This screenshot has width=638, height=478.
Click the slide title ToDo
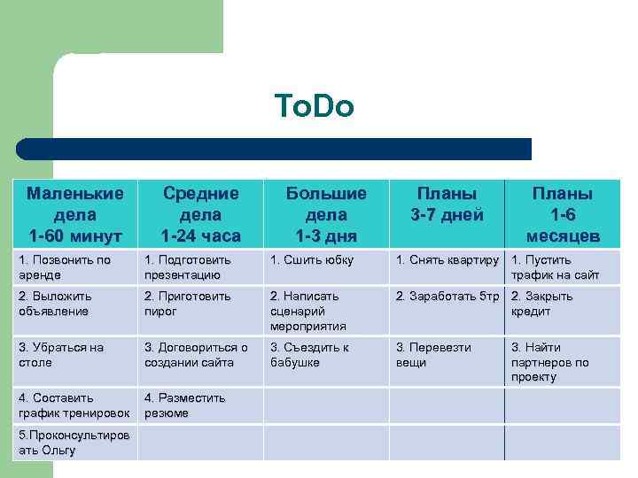[315, 107]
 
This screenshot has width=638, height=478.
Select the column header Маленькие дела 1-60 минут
[74, 214]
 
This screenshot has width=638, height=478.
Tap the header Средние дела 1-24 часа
[201, 214]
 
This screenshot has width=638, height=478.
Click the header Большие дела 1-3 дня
[325, 214]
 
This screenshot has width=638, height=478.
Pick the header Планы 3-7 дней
[447, 204]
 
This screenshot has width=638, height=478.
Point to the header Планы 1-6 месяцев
[563, 214]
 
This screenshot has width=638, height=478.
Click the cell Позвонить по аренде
[74, 267]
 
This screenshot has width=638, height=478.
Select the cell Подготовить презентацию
[201, 267]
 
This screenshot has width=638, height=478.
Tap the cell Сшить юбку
[325, 260]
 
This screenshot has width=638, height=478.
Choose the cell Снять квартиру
[447, 260]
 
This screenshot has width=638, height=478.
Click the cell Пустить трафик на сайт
[563, 267]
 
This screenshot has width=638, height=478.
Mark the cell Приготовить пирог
[201, 304]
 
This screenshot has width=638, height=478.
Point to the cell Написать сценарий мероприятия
[325, 311]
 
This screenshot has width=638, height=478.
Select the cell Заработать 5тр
[447, 297]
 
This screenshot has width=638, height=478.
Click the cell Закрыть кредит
[563, 304]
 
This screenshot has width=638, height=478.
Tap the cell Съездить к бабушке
[325, 354]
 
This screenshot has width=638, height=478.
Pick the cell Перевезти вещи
[447, 354]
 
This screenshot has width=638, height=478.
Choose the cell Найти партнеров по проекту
[563, 361]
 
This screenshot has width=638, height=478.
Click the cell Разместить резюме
[201, 405]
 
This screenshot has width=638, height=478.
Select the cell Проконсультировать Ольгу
[74, 443]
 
